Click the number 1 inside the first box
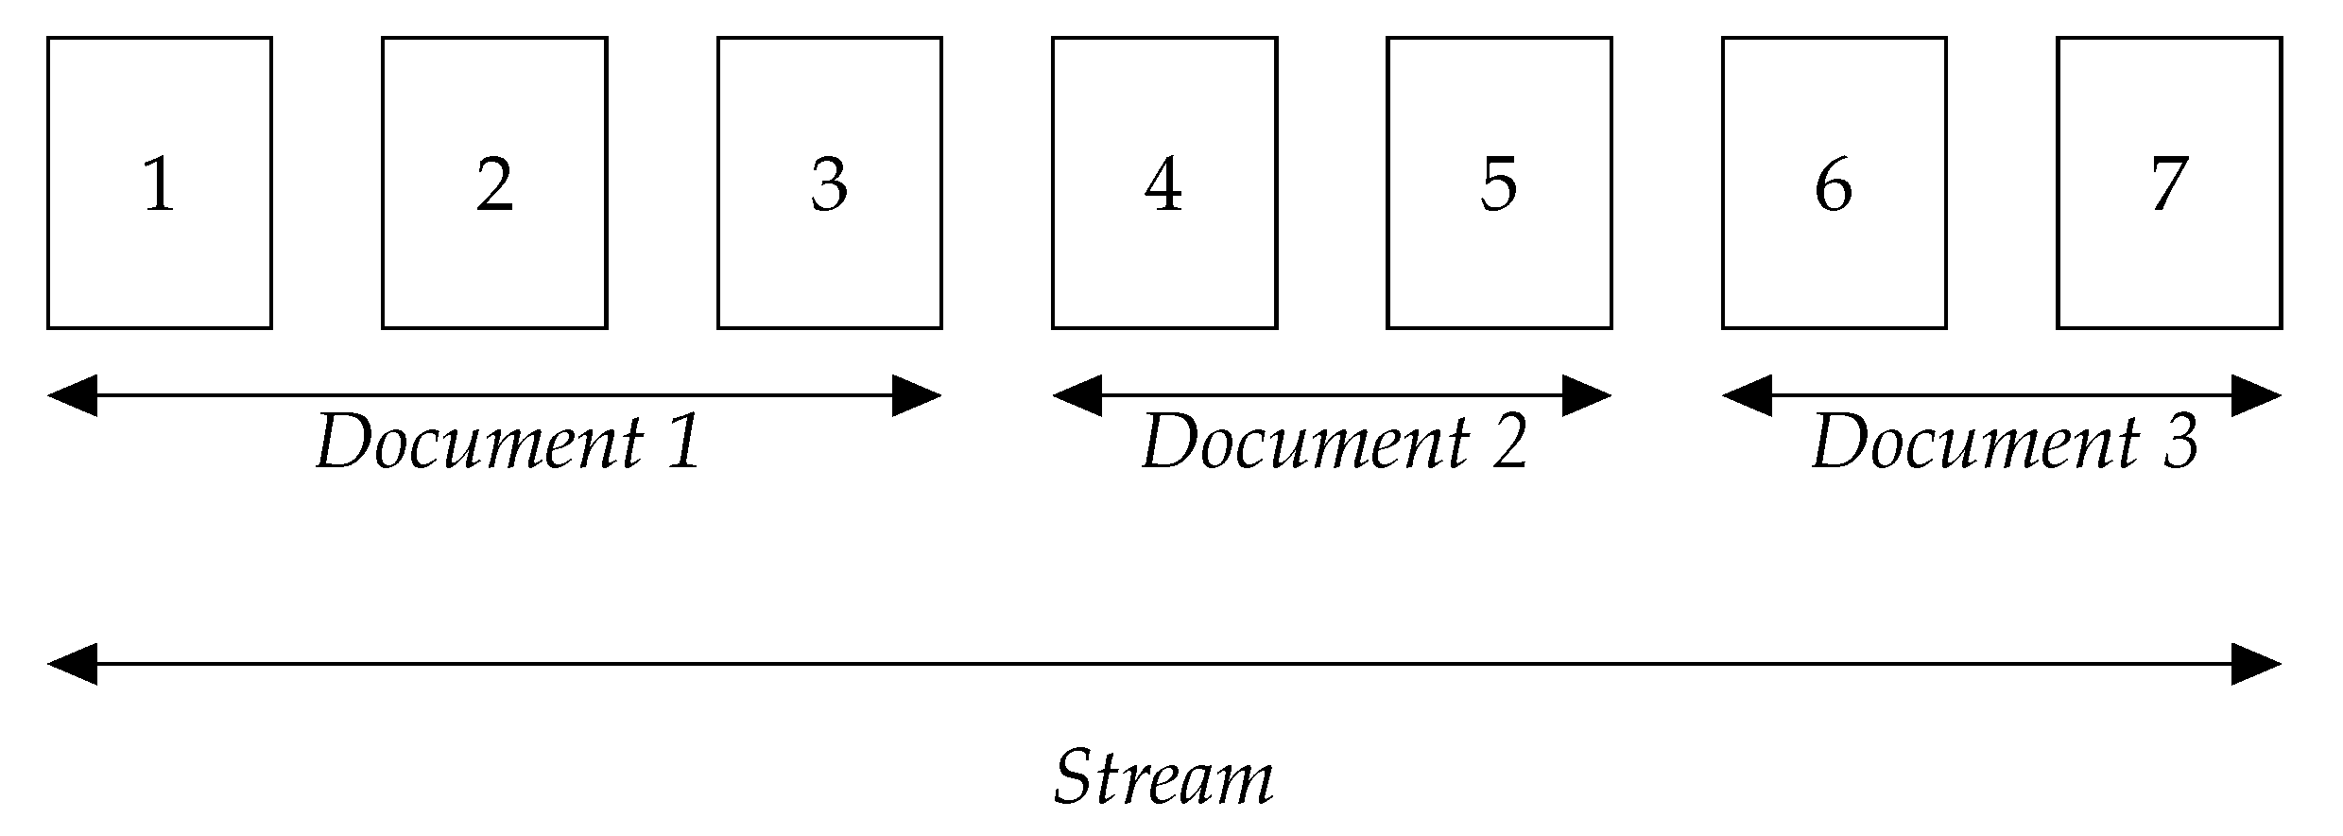(159, 184)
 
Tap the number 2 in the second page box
(494, 184)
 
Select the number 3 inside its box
(829, 184)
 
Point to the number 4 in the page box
(1163, 184)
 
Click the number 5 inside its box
(1498, 184)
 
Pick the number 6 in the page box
(1834, 184)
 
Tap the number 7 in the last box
(2169, 184)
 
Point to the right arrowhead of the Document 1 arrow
(917, 395)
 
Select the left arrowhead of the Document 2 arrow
(1077, 395)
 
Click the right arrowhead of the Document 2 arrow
(1587, 395)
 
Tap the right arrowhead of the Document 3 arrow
(2257, 395)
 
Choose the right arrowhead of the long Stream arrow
(2257, 664)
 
